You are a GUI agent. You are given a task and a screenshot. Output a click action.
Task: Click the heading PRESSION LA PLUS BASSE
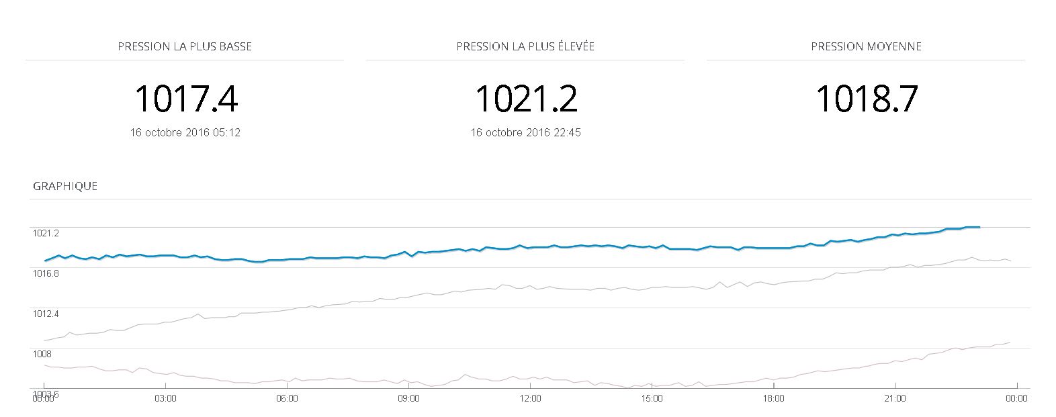(185, 46)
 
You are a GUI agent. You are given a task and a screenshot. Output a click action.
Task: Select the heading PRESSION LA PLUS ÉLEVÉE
(525, 46)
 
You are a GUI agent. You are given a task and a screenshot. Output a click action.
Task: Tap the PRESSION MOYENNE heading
(866, 46)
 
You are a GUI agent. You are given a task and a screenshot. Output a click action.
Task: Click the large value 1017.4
(186, 99)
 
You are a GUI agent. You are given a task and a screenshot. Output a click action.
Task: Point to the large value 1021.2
(526, 99)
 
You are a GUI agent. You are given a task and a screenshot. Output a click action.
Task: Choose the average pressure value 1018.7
(866, 99)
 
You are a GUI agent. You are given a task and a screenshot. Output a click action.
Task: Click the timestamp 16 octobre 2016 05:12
(185, 132)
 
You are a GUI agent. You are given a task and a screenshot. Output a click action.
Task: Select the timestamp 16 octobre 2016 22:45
(525, 132)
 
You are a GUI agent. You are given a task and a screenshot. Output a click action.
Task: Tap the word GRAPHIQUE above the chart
(65, 186)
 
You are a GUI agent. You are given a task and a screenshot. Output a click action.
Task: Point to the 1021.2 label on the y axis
(46, 233)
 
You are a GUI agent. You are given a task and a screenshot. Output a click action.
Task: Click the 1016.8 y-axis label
(46, 273)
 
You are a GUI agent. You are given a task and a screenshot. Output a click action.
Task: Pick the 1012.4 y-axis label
(46, 314)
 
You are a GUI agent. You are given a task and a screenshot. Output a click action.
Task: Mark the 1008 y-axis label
(42, 354)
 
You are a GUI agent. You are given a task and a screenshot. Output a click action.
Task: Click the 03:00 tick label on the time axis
(165, 398)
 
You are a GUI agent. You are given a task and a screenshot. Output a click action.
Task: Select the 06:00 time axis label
(287, 398)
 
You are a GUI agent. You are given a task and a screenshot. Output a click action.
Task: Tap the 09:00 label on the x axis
(408, 398)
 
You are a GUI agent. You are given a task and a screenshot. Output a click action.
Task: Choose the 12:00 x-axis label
(530, 398)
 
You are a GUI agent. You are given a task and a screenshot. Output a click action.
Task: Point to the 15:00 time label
(652, 398)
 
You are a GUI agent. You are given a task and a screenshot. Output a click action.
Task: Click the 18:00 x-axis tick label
(773, 398)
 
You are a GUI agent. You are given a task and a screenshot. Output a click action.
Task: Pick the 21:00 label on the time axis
(895, 398)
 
